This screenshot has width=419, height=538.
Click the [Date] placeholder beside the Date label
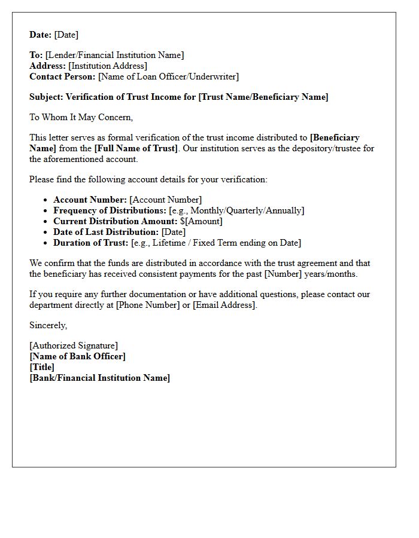(x=66, y=35)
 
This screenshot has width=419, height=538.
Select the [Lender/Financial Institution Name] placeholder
(x=114, y=55)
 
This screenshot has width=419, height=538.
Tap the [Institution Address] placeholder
(x=108, y=66)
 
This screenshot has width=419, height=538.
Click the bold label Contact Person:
(x=62, y=77)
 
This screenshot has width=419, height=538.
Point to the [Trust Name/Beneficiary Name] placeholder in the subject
(x=263, y=97)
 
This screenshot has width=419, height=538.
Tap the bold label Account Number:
(x=90, y=200)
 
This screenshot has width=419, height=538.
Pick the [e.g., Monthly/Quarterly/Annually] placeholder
(x=236, y=210)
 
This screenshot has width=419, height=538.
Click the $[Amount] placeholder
(x=201, y=221)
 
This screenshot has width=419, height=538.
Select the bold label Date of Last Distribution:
(x=106, y=232)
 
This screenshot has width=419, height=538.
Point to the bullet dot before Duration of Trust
(x=46, y=243)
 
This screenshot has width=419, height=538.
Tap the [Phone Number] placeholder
(x=144, y=305)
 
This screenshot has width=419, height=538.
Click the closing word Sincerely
(x=48, y=325)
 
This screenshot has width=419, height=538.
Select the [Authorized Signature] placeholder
(x=74, y=346)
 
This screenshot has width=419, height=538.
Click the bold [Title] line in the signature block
(x=42, y=367)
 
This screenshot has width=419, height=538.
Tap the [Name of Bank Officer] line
(x=78, y=356)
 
